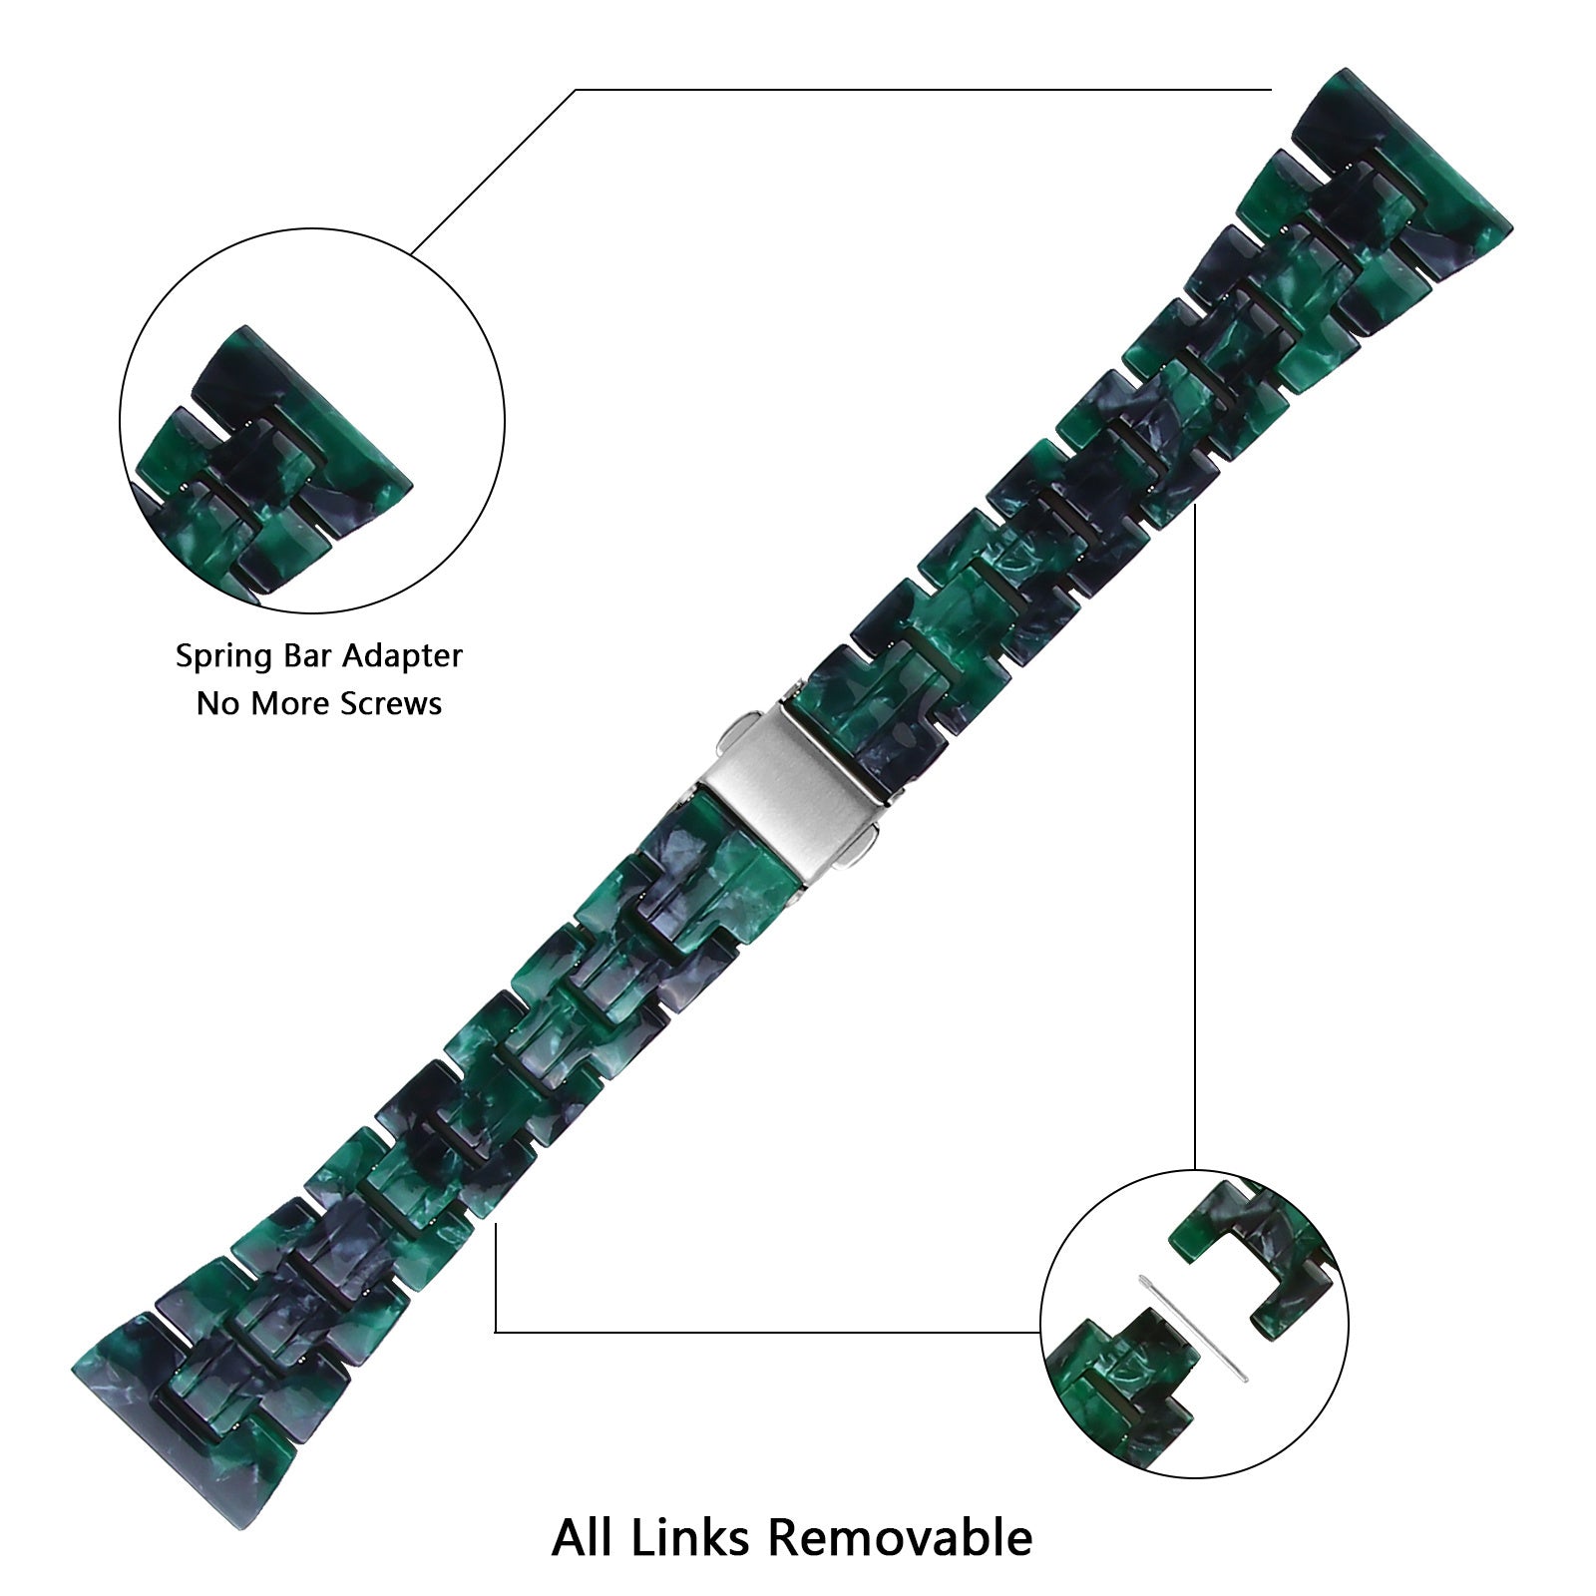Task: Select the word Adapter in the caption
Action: point(403,656)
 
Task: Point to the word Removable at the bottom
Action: point(899,1537)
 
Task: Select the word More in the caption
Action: point(292,704)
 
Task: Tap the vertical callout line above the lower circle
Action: point(1195,848)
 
